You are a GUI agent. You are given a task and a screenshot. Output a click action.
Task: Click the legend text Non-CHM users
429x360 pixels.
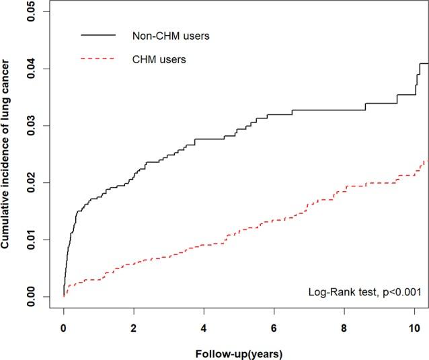[171, 35]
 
